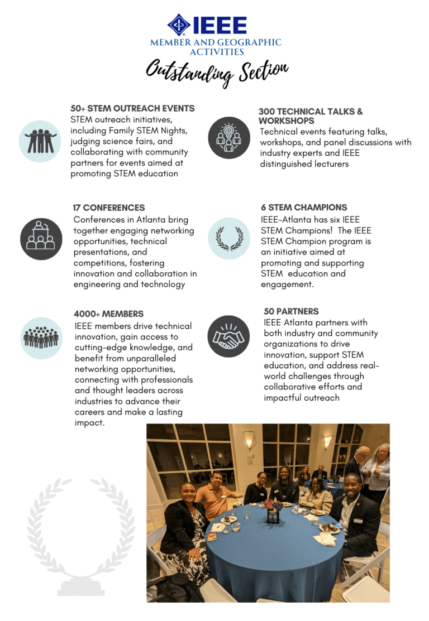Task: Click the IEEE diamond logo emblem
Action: click(179, 26)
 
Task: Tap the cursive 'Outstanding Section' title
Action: click(217, 73)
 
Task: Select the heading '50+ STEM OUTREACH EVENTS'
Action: click(132, 108)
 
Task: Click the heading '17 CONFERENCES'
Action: click(109, 208)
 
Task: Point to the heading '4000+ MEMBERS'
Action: click(108, 314)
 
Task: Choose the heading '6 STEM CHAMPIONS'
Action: click(304, 207)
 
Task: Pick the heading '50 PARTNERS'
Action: click(291, 311)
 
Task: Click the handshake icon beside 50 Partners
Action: click(228, 337)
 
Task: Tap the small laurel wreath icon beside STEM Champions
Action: click(229, 238)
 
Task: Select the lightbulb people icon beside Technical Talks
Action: click(228, 138)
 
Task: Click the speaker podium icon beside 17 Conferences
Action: click(41, 239)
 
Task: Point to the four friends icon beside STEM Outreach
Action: click(40, 141)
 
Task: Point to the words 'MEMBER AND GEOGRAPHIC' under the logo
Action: click(216, 42)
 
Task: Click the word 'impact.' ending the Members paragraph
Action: click(89, 423)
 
